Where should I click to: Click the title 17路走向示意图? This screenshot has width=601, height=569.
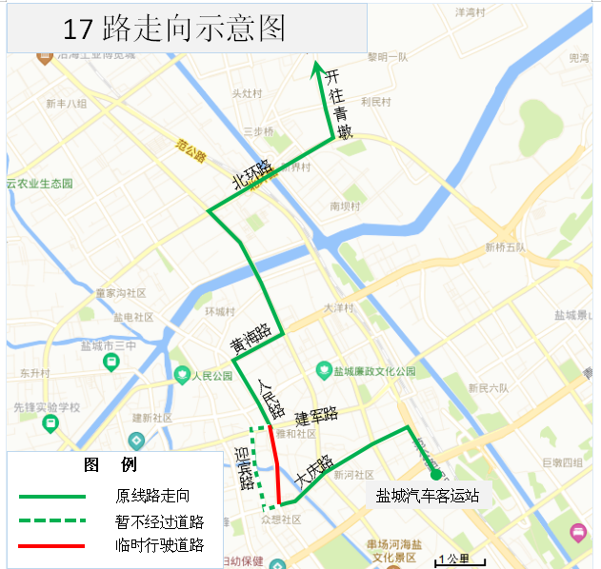(173, 29)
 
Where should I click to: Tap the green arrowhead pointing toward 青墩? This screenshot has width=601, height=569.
(318, 66)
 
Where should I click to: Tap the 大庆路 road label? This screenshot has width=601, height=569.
(314, 471)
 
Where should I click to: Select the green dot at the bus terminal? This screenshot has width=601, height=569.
(434, 474)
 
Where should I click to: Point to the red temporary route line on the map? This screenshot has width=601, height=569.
(277, 466)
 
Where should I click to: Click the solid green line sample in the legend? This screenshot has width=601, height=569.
(52, 496)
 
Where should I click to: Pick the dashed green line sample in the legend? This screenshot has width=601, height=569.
(52, 520)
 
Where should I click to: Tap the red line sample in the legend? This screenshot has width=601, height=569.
(52, 545)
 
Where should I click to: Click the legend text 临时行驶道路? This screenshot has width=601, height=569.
(160, 545)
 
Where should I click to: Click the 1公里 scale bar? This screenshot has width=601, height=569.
(461, 559)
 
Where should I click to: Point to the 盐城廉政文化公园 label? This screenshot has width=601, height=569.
(375, 370)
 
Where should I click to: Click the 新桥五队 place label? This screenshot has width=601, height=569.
(505, 247)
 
